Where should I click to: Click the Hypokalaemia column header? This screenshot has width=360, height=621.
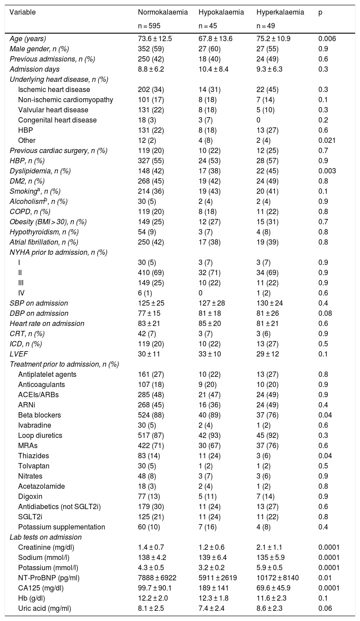221,12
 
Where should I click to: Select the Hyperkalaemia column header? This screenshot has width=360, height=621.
280,12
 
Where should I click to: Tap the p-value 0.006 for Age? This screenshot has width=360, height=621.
327,39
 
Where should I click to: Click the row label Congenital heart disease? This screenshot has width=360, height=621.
57,120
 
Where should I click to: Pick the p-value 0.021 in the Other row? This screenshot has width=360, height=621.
327,141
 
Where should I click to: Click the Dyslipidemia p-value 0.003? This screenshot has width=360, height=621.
327,171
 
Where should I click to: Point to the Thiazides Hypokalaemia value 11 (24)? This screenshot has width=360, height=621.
210,456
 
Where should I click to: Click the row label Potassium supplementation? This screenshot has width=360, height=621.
61,527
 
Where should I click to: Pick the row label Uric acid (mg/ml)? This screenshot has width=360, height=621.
45,608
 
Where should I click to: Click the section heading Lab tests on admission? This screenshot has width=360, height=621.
46,537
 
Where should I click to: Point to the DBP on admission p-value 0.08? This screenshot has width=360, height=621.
326,313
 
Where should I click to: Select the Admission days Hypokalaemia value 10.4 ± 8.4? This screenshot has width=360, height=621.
215,69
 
